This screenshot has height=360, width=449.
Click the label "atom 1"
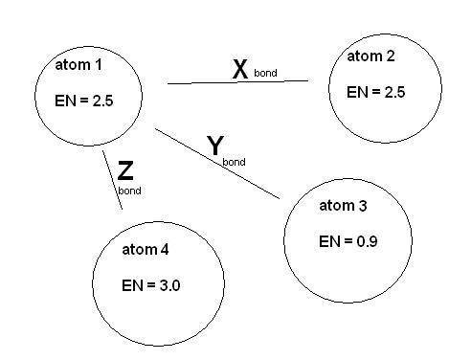click(x=79, y=65)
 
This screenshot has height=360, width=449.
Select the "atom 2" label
click(x=370, y=56)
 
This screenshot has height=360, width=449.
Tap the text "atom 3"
click(x=343, y=206)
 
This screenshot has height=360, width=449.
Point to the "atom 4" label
click(x=146, y=249)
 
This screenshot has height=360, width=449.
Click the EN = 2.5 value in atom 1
click(x=84, y=101)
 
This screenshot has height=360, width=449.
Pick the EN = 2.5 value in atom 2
click(x=376, y=92)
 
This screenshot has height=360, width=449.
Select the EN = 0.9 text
click(x=348, y=241)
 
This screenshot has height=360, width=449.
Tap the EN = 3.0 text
click(x=151, y=285)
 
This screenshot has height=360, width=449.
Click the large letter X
click(x=240, y=69)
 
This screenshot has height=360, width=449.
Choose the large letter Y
click(x=215, y=146)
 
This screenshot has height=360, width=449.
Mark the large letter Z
click(x=125, y=170)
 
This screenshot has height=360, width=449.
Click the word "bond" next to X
click(x=265, y=73)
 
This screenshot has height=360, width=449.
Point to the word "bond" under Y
click(x=234, y=162)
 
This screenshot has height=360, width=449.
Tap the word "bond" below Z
click(x=129, y=191)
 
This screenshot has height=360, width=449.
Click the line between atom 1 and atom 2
click(x=237, y=82)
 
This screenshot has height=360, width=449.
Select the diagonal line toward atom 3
click(x=217, y=164)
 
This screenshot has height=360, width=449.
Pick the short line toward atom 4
click(x=112, y=180)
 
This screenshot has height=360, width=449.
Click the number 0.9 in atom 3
click(x=367, y=241)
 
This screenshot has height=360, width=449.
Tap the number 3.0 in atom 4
click(x=169, y=285)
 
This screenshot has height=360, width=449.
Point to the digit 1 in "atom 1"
click(x=99, y=65)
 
